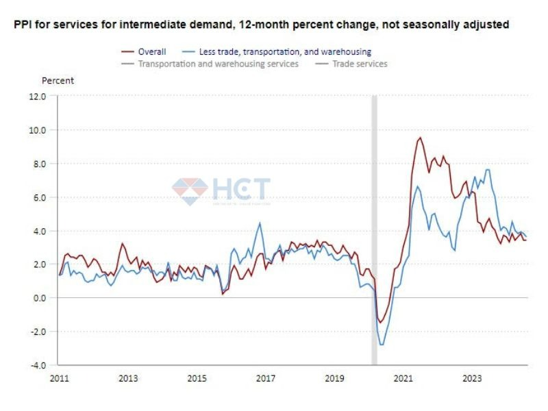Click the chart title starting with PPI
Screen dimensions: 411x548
pyautogui.click(x=261, y=25)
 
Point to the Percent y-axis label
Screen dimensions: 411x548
pyautogui.click(x=58, y=80)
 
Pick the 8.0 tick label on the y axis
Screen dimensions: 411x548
pyautogui.click(x=39, y=164)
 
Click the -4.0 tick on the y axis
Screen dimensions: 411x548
pyautogui.click(x=38, y=365)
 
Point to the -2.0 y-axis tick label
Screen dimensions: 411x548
pyautogui.click(x=38, y=332)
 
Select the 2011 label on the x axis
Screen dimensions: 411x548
pyautogui.click(x=60, y=378)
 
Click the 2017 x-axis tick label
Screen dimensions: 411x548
pyautogui.click(x=265, y=378)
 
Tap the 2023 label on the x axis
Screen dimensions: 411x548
pyautogui.click(x=472, y=378)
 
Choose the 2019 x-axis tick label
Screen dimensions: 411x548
pyautogui.click(x=334, y=378)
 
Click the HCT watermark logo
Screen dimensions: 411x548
pyautogui.click(x=221, y=190)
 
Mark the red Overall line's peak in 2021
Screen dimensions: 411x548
pyautogui.click(x=420, y=138)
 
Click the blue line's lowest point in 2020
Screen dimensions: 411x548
pyautogui.click(x=382, y=345)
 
